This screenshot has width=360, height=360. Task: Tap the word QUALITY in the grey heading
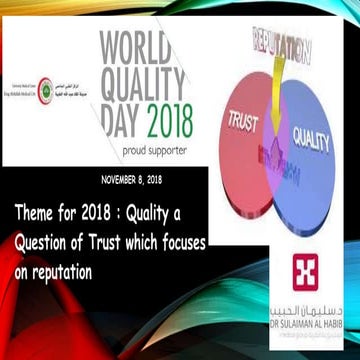[149, 86]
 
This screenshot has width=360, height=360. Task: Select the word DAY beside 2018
[127, 122]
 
